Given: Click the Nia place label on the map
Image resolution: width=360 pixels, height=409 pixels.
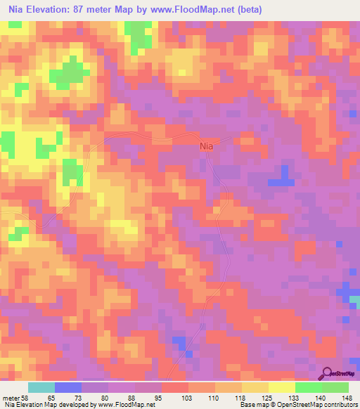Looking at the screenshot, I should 206,146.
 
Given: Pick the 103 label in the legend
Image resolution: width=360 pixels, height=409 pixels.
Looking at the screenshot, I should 186,398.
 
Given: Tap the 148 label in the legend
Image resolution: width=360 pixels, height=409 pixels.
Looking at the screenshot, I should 348,398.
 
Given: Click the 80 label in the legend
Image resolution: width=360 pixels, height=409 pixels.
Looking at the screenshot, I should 105,398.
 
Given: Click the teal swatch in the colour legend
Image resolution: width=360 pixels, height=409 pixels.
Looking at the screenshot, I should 41,387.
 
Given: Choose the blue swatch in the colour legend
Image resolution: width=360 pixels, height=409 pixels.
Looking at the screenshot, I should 67,387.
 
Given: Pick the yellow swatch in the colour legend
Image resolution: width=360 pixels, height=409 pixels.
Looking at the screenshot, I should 282,387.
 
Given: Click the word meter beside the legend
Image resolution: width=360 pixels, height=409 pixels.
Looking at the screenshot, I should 10,398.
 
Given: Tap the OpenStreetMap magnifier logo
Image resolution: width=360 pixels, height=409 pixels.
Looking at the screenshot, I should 326,374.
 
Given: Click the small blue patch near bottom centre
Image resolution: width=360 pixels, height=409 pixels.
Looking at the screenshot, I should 181,343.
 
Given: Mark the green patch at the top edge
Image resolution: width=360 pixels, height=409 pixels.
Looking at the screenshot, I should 139,32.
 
